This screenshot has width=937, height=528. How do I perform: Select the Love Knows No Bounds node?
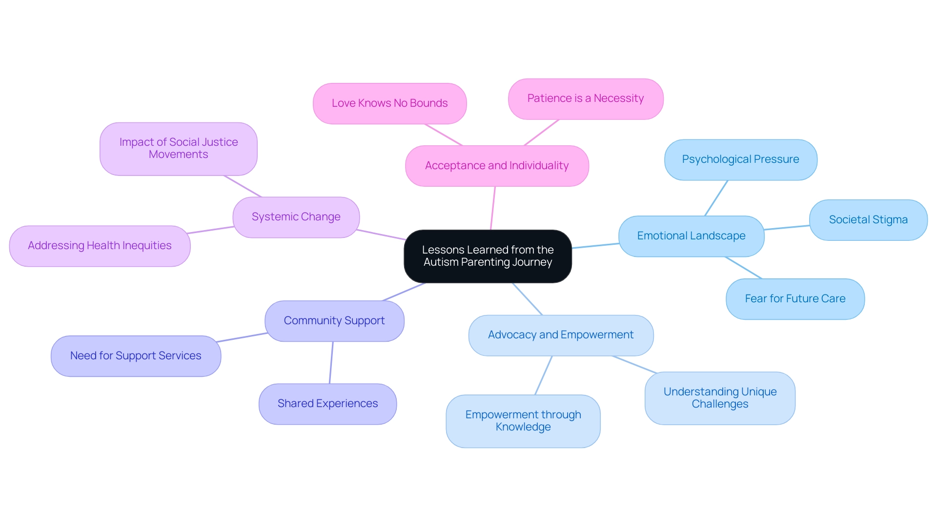(389, 103)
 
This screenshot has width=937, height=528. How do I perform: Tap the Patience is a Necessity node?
(585, 98)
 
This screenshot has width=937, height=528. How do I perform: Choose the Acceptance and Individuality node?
(496, 166)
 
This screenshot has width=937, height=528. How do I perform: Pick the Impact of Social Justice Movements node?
(178, 148)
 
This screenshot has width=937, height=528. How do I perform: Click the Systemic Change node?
(296, 217)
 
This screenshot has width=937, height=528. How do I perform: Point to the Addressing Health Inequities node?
(100, 246)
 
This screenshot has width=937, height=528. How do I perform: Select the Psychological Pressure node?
(740, 159)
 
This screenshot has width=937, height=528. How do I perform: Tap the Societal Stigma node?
(868, 220)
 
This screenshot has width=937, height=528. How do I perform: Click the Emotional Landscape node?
(691, 236)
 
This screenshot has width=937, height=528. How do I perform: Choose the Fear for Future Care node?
(795, 299)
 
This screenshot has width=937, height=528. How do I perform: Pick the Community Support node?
(334, 321)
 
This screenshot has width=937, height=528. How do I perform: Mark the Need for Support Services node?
(136, 356)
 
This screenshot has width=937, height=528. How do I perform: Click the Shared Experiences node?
(327, 404)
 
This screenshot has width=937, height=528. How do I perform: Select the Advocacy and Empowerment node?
(560, 335)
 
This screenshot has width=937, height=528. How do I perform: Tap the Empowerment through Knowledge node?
(523, 421)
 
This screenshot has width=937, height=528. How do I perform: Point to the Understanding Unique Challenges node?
(719, 398)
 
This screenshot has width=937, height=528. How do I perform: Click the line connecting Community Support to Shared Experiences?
(331, 363)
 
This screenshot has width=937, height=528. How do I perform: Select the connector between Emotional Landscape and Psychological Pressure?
(716, 198)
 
